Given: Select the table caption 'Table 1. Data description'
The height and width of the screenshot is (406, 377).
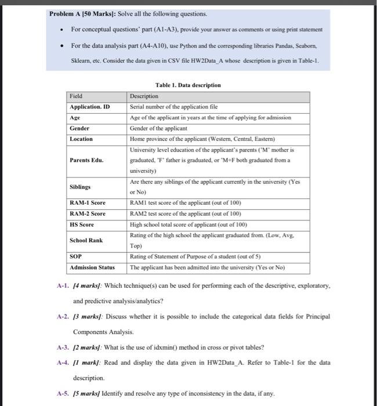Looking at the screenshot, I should (x=189, y=85).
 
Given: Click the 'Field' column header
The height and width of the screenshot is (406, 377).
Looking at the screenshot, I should (x=76, y=96).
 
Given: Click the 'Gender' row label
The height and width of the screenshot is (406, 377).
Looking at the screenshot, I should (x=79, y=128).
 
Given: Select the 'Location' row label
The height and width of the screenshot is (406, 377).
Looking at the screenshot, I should (x=81, y=139).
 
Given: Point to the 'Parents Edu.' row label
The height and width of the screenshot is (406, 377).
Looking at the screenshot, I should (x=86, y=160).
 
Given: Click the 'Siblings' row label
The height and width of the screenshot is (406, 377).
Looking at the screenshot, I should (x=81, y=187).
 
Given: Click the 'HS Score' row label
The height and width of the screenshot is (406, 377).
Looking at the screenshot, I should (x=82, y=224).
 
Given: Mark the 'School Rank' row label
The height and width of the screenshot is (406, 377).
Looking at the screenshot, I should (x=86, y=240).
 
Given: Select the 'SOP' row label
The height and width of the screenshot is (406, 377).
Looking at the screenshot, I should (x=75, y=256).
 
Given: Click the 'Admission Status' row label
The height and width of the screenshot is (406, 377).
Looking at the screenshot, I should (x=92, y=267).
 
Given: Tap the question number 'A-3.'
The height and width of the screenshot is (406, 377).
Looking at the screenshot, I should (x=63, y=347).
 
